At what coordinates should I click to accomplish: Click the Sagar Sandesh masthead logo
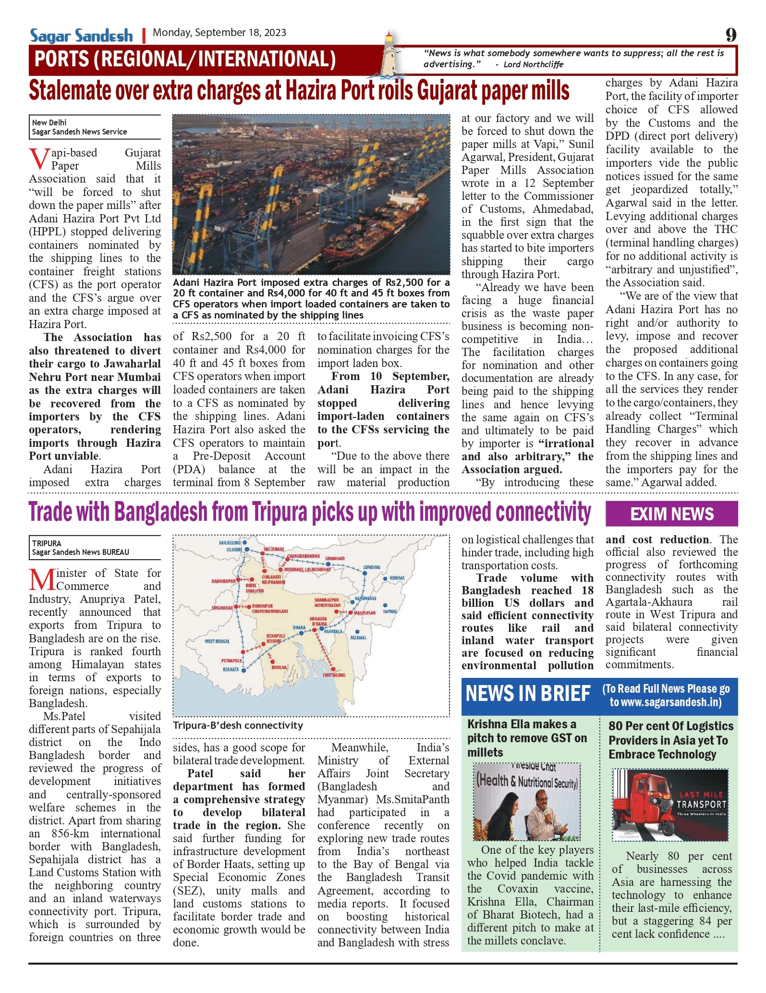(81, 36)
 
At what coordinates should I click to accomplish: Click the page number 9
(730, 35)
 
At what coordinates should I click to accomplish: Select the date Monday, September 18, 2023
(219, 33)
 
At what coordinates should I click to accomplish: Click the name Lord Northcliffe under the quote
(533, 65)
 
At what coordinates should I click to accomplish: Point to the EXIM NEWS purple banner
(671, 514)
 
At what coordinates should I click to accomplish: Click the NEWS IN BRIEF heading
(528, 694)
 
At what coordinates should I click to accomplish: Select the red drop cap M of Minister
(42, 580)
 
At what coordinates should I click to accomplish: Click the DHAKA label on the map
(299, 627)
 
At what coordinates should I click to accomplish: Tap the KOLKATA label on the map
(231, 669)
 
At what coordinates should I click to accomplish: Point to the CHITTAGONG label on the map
(333, 675)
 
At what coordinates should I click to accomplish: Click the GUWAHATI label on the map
(335, 559)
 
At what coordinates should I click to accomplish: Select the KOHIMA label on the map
(397, 578)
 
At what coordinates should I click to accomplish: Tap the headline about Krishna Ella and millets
(527, 738)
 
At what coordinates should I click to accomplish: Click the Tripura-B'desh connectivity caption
(238, 725)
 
